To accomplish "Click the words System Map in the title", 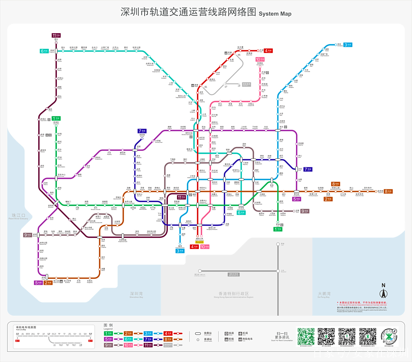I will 275,14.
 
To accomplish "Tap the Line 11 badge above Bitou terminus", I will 56,36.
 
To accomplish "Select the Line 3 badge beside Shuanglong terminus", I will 348,45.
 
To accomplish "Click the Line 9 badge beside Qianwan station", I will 27,235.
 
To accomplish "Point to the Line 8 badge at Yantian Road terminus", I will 388,191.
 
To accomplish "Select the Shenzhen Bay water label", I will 136,295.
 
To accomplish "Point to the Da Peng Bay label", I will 324,295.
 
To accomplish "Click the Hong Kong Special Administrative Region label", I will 231,295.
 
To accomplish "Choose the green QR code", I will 306,336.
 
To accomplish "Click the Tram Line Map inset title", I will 26,328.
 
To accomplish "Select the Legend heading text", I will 108,327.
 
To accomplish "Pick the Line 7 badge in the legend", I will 149,339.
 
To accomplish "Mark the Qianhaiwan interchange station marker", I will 56,202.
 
